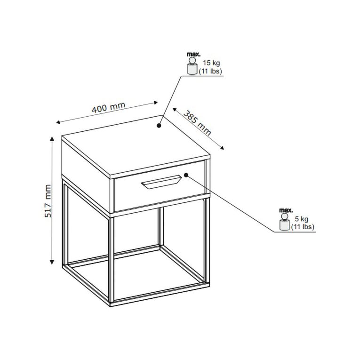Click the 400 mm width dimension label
click(x=109, y=107)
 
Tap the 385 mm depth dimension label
click(x=197, y=123)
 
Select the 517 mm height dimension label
click(x=48, y=201)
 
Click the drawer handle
click(x=161, y=182)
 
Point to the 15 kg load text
click(x=211, y=63)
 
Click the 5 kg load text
click(x=302, y=219)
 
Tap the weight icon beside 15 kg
click(x=192, y=66)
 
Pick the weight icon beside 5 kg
click(x=284, y=222)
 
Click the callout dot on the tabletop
click(x=159, y=126)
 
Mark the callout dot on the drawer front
click(x=186, y=175)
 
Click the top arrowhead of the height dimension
click(x=52, y=138)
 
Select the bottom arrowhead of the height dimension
click(x=52, y=262)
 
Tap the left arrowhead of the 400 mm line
click(x=58, y=123)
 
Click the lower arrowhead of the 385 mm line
click(x=222, y=148)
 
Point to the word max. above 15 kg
click(x=193, y=55)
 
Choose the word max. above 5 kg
click(x=286, y=210)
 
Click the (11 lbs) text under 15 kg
click(x=210, y=72)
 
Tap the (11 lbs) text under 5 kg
click(x=303, y=227)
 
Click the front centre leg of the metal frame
click(x=112, y=259)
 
